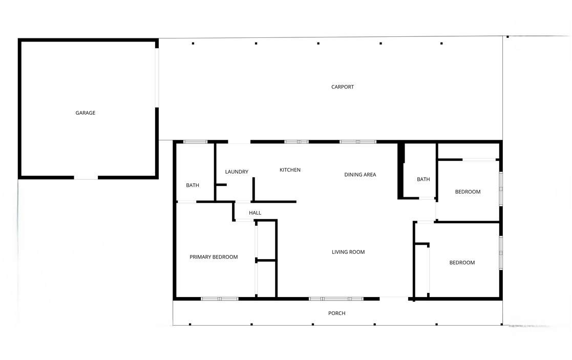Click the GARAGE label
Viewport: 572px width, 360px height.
coord(86,113)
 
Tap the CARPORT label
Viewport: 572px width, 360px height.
coord(343,87)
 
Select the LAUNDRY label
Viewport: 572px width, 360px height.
coord(237,172)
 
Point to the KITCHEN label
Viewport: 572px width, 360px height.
coord(290,170)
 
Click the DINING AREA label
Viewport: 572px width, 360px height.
coord(360,174)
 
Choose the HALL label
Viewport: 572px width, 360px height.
coord(255,213)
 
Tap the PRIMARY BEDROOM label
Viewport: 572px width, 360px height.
coord(214,257)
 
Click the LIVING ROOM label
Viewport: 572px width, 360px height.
coord(348,251)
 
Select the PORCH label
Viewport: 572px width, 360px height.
coord(337,313)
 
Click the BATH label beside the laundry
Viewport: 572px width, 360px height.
coord(193,185)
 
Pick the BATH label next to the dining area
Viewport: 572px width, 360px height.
coord(423,179)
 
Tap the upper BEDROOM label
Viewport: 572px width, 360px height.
coord(468,192)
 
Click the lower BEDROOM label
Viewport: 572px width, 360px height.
coord(462,262)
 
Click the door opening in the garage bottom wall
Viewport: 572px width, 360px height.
coord(86,178)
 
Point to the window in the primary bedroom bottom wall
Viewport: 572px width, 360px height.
coord(220,299)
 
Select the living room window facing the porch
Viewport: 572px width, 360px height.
coord(336,299)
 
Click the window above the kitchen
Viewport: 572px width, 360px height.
coord(296,141)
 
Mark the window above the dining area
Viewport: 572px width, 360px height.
coord(358,141)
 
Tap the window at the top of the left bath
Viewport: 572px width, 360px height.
coord(195,141)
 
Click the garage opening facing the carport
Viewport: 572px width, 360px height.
coord(157,78)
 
